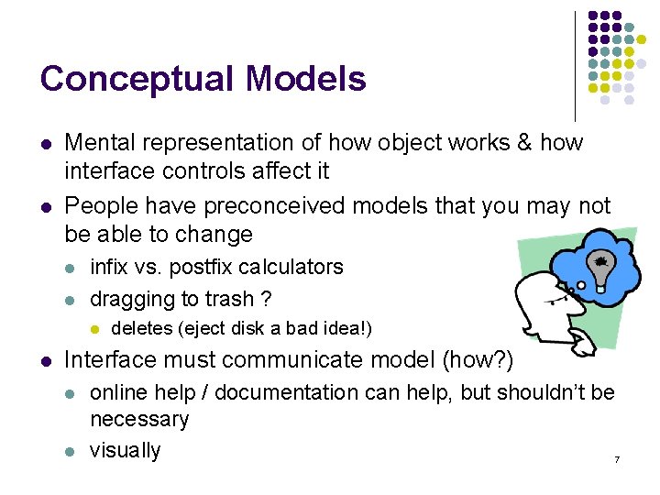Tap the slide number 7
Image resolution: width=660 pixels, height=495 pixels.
point(617,458)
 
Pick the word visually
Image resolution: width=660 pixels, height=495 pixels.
point(125,451)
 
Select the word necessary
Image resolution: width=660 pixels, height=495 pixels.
point(139,420)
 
